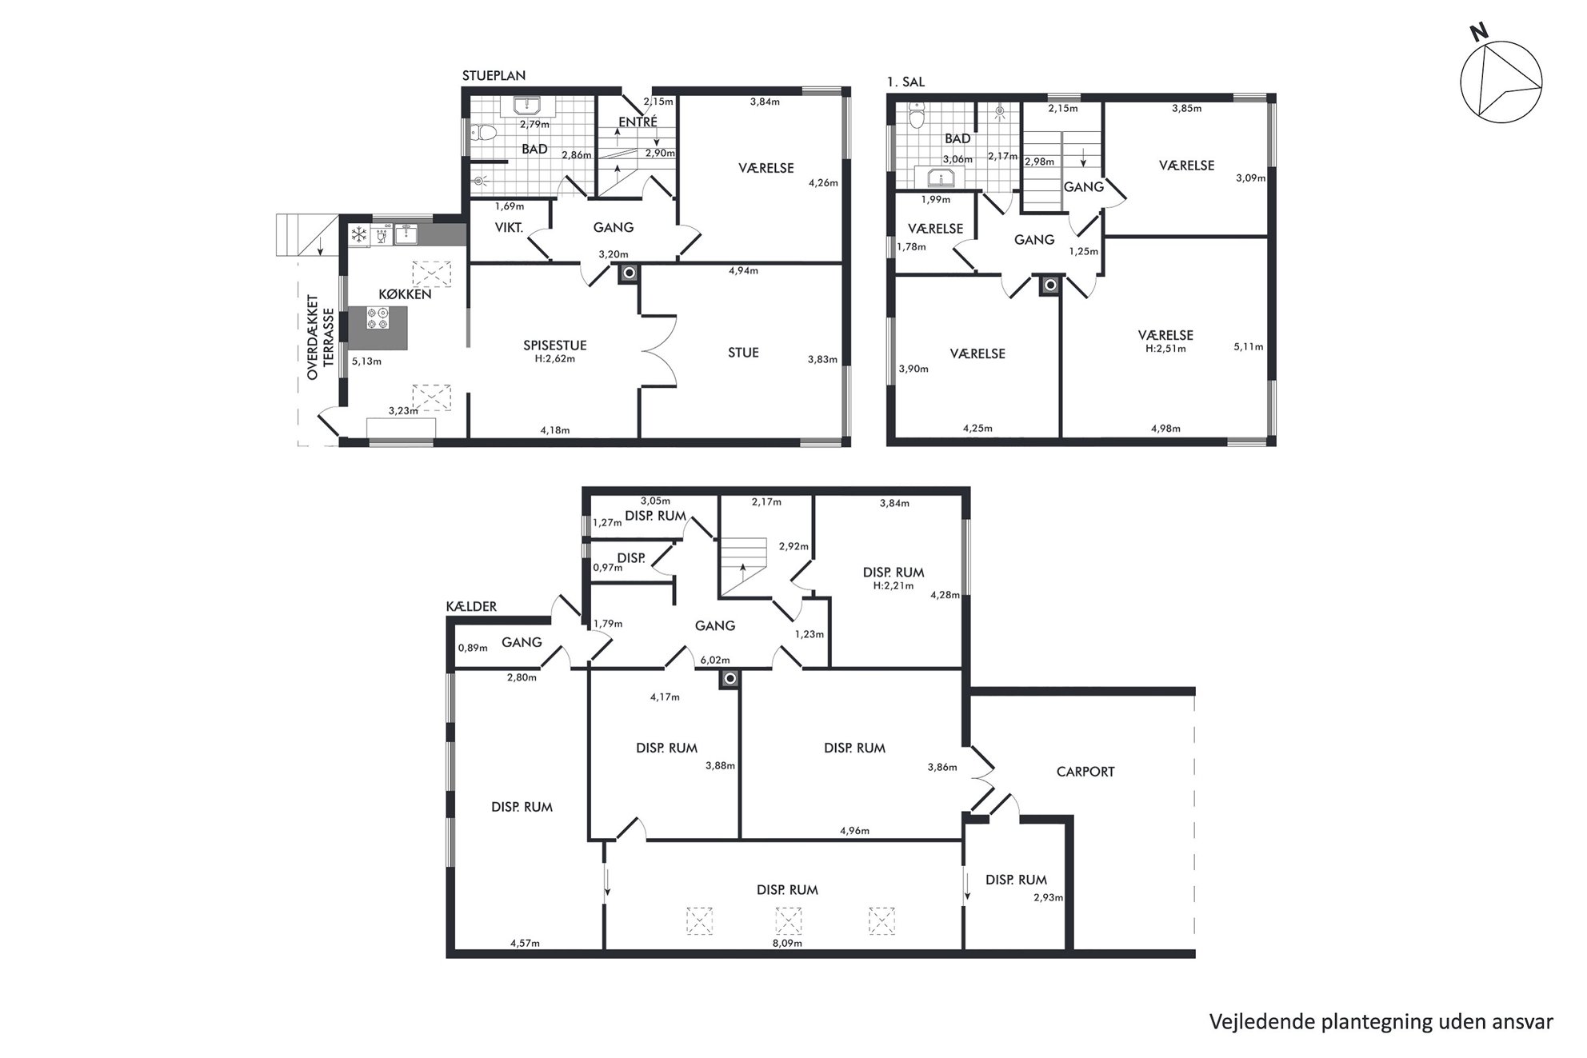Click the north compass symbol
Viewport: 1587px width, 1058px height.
[x=1501, y=83]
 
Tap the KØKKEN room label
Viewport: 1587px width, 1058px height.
[x=405, y=293]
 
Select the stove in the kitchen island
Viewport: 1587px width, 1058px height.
[x=378, y=318]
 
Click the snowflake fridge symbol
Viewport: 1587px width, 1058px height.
[x=359, y=235]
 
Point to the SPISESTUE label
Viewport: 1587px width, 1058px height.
[x=554, y=345]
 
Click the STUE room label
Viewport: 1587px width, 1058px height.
[x=743, y=352]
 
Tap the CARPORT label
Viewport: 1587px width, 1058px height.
[x=1085, y=772]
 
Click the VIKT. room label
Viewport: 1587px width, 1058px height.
[x=509, y=227]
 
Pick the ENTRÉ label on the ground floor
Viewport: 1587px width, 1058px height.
[x=638, y=122]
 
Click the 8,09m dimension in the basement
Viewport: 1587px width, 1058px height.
[x=787, y=943]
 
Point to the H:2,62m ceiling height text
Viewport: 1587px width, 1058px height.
[x=554, y=359]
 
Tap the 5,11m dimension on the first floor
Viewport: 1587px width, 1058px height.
[x=1248, y=347]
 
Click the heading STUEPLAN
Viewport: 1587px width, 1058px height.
[x=494, y=76]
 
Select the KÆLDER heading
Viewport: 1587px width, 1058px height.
[x=471, y=607]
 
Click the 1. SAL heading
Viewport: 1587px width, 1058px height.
[x=905, y=82]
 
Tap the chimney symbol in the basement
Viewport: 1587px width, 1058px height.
[x=729, y=679]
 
